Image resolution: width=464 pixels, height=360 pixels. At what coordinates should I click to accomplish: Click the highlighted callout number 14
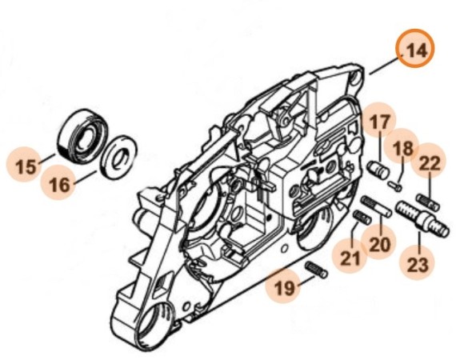click(415, 50)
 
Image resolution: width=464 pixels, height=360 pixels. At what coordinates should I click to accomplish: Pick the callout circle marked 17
click(379, 122)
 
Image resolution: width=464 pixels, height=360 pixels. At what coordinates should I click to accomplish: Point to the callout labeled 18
click(403, 148)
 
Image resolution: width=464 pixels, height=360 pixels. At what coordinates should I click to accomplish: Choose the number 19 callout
click(281, 286)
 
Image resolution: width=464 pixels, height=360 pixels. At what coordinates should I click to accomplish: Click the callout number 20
click(379, 242)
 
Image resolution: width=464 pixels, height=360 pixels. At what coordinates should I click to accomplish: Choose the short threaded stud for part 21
click(361, 217)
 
